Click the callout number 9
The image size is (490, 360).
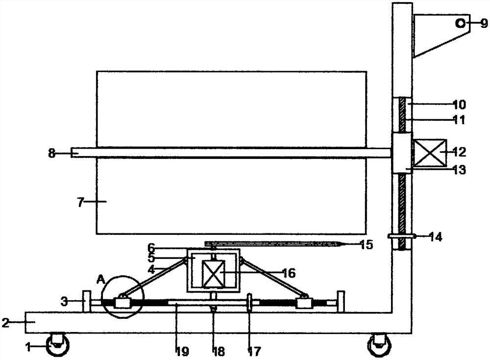click(x=484, y=23)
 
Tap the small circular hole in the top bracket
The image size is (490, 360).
click(x=460, y=23)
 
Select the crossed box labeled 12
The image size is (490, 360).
click(x=430, y=153)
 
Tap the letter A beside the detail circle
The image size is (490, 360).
click(x=101, y=279)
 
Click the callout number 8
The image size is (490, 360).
click(x=51, y=153)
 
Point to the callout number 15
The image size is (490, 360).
click(x=366, y=244)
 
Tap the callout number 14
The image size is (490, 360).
click(x=436, y=237)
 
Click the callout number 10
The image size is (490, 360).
click(x=459, y=104)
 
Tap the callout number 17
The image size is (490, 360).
click(x=254, y=351)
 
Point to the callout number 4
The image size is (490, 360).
click(x=151, y=269)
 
